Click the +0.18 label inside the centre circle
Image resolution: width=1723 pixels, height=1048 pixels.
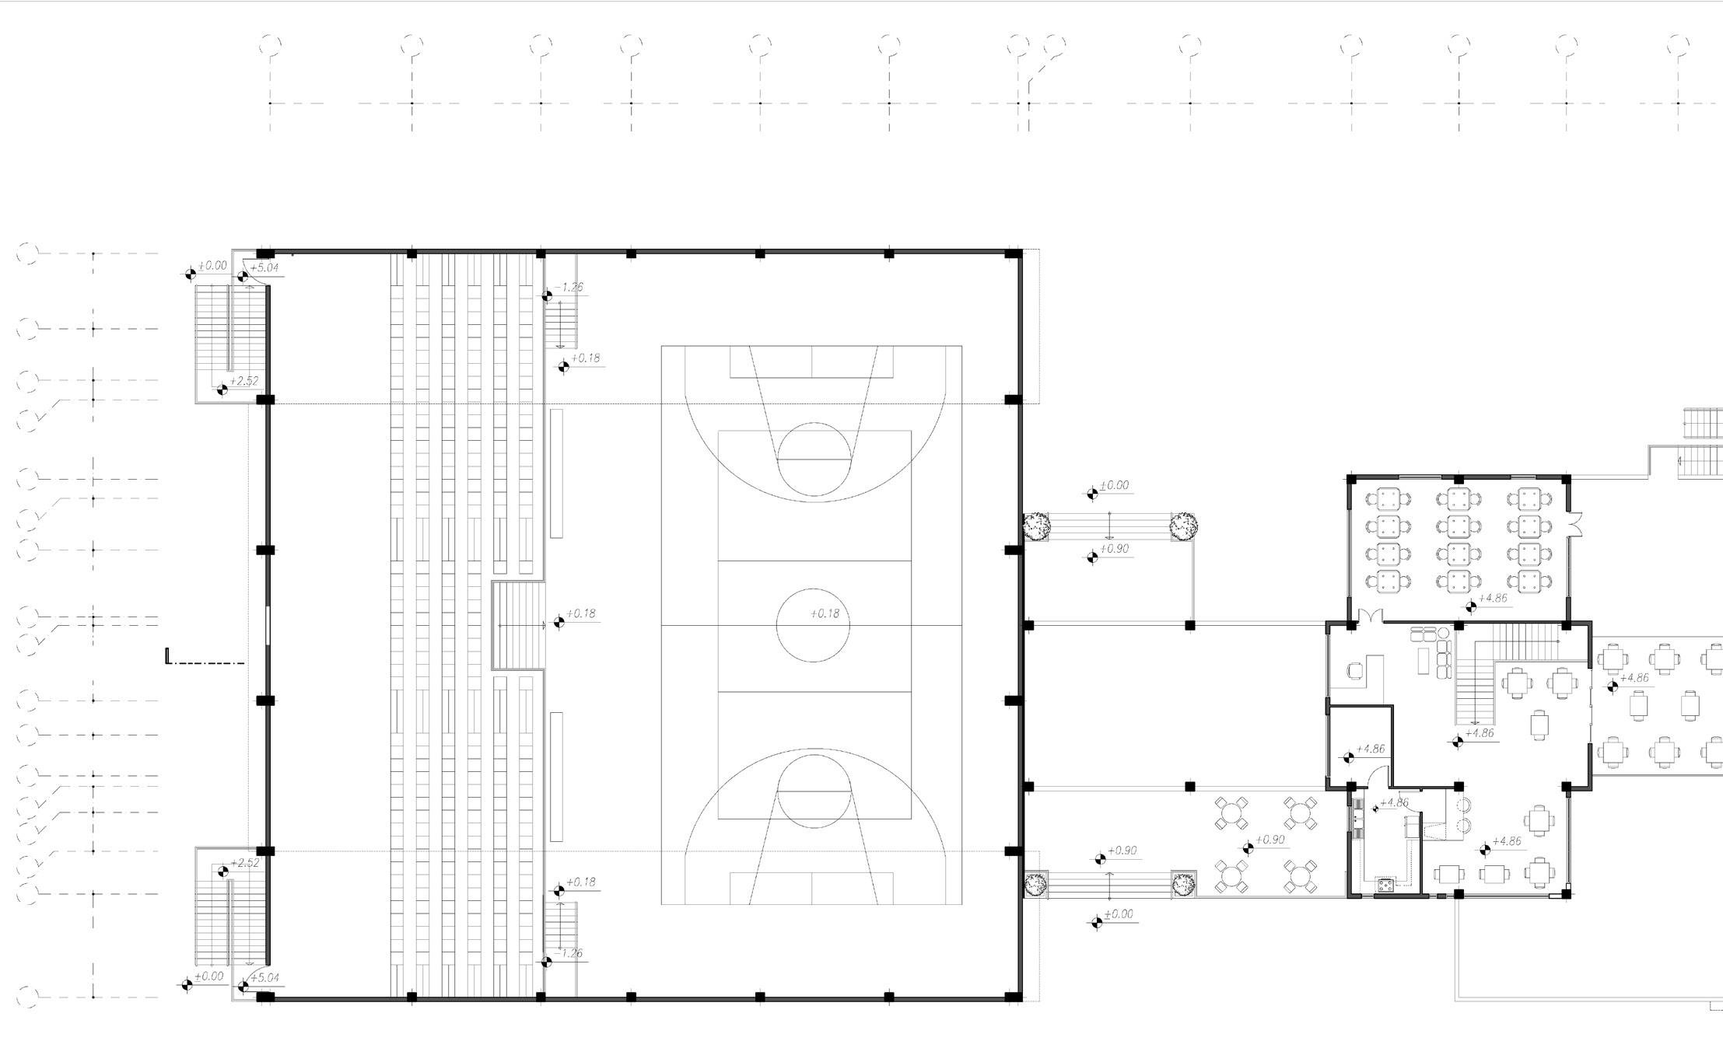click(825, 613)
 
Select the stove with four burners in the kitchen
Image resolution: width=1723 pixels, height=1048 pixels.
click(1385, 884)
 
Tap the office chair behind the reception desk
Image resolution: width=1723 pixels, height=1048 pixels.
click(1354, 669)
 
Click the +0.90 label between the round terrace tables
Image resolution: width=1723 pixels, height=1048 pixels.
click(1269, 840)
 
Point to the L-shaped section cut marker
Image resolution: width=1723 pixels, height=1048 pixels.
click(168, 657)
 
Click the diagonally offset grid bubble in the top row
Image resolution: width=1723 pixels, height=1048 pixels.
click(1055, 44)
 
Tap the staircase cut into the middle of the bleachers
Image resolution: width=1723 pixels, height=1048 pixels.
click(518, 625)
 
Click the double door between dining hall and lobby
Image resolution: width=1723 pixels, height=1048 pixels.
click(1370, 616)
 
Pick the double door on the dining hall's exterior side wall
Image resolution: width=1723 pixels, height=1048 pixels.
click(1575, 525)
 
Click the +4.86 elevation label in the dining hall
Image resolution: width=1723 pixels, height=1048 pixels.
click(1492, 599)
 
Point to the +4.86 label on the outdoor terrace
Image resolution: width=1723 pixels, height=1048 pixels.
click(1634, 678)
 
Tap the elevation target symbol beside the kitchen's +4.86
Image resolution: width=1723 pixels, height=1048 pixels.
click(1375, 809)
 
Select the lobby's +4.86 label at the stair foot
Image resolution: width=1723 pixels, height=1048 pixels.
click(1479, 733)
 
